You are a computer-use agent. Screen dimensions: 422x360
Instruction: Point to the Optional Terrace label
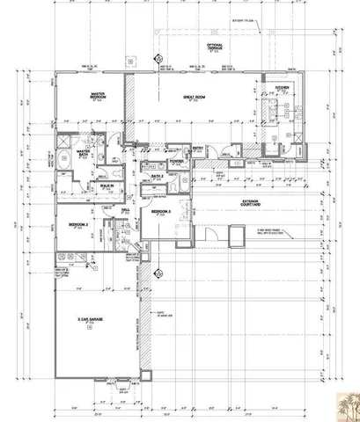215,46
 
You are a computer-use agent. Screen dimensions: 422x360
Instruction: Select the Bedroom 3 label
161,213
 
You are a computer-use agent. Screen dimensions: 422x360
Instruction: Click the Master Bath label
85,152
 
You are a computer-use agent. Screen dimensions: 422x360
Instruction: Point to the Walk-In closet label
107,186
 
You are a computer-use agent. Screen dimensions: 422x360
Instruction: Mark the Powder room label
176,162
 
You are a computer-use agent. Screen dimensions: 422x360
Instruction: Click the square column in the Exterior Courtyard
234,235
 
